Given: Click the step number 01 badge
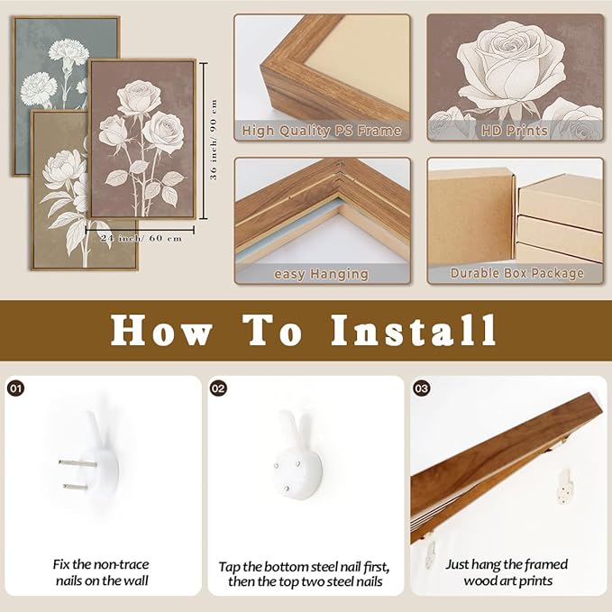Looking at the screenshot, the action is (x=16, y=388).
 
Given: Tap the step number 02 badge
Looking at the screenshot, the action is (x=218, y=388).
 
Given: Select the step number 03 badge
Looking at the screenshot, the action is (x=422, y=388).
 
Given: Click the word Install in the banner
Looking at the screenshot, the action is (x=414, y=330).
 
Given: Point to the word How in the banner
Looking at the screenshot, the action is (x=161, y=330).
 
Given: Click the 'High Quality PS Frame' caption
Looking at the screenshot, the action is (x=322, y=131).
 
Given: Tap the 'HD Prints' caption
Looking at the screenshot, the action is (x=515, y=131).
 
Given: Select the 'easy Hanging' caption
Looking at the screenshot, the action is (x=321, y=274).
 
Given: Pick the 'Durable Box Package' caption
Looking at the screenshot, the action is (x=516, y=273).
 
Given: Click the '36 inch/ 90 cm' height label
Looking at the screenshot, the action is (x=214, y=140).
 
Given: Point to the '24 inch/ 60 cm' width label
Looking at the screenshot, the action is (x=141, y=238).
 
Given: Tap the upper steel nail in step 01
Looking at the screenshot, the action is (x=78, y=463).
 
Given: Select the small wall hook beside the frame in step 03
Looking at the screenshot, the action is (x=565, y=487).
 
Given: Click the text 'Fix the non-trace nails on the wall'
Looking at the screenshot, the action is (x=101, y=572).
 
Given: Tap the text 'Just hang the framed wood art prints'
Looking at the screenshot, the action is (x=507, y=572).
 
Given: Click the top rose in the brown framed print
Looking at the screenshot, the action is (x=139, y=97).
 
